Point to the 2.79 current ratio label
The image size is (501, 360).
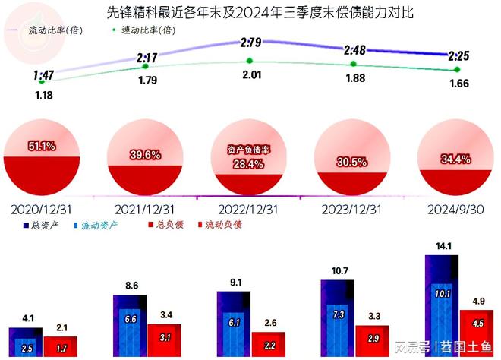pyautogui.click(x=251, y=43)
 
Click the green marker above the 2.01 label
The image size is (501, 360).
pyautogui.click(x=250, y=61)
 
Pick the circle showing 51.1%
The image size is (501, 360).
pyautogui.click(x=41, y=156)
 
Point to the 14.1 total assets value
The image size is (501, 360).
pyautogui.click(x=441, y=246)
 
